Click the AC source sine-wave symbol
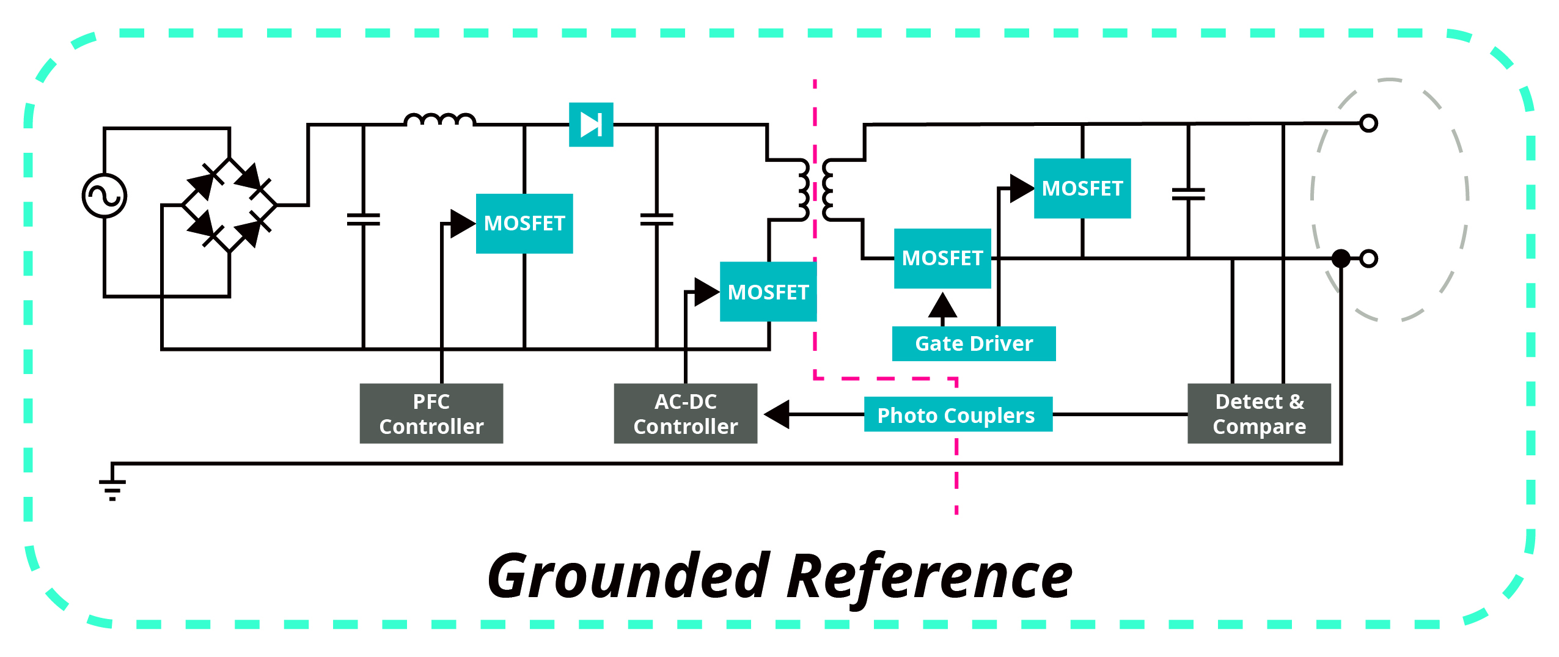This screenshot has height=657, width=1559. pos(105,196)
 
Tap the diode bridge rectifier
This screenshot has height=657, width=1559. pos(229,205)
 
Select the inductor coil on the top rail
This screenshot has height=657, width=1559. pos(439,120)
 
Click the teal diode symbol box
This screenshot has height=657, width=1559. pos(590,125)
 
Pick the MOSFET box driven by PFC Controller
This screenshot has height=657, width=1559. pos(524,223)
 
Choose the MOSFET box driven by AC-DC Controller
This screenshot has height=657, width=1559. pos(768,292)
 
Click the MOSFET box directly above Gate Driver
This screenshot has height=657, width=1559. pos(942,258)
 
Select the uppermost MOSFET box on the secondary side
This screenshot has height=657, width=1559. pos(1082,188)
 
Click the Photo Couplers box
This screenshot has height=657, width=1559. pos(957,415)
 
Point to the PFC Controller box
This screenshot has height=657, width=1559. pos(431,414)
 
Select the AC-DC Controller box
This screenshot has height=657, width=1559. pos(685,414)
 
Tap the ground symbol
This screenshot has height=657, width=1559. pos(112,486)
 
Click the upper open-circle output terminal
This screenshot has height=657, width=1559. pos(1368,123)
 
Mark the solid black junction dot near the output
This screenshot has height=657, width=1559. pos(1340,259)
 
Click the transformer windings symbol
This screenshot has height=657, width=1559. pos(815,189)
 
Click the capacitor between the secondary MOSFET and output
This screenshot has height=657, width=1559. pos(1188,194)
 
